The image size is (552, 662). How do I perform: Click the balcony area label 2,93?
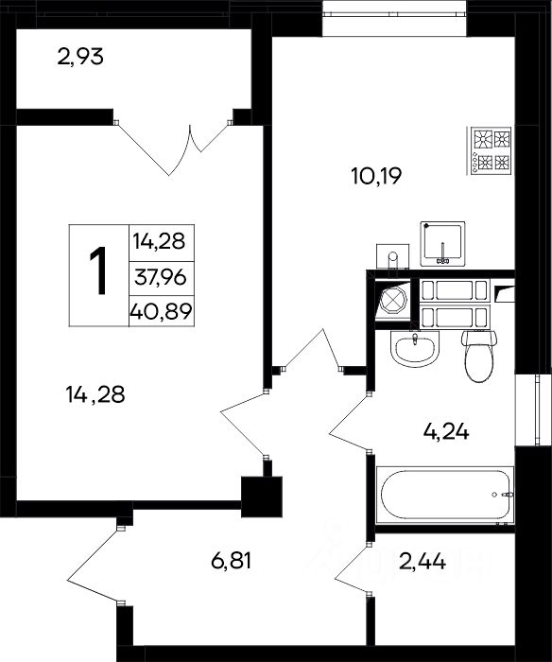[80, 57]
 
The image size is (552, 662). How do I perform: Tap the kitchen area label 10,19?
[376, 176]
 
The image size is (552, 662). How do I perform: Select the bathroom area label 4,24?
[445, 432]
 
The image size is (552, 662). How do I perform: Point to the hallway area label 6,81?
[232, 561]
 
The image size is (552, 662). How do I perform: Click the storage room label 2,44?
[423, 562]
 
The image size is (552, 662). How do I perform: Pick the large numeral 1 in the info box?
[98, 270]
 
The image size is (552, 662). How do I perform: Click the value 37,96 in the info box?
[161, 277]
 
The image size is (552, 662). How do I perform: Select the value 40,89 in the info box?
[162, 311]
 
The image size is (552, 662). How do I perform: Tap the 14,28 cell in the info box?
[160, 241]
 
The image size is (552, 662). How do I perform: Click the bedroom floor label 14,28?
[95, 394]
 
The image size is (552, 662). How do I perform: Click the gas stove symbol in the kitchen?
[490, 150]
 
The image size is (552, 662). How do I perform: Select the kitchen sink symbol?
[442, 244]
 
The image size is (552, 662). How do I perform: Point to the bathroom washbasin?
[415, 348]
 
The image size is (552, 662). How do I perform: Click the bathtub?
[445, 495]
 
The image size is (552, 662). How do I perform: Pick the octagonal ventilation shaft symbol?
[393, 301]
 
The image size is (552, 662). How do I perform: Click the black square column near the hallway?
[262, 496]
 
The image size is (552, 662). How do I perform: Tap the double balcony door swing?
[173, 148]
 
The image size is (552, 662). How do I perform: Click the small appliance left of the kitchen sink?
[392, 256]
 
